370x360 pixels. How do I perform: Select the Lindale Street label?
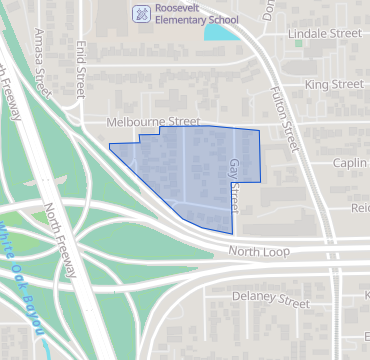coord(324,33)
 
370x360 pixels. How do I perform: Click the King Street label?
coord(334,85)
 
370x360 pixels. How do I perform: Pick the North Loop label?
coord(257,251)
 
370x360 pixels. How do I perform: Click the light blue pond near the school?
coord(219,31)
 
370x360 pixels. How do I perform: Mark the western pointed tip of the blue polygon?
coord(110,146)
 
